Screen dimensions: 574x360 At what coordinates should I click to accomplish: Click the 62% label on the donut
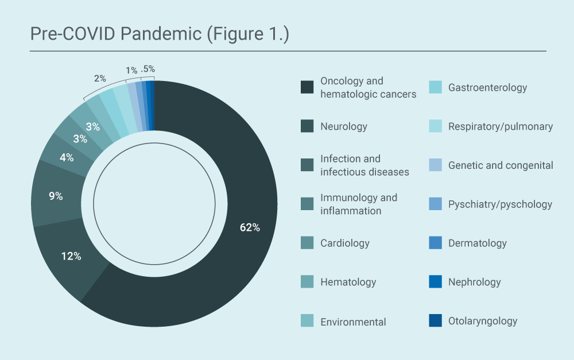point(250,227)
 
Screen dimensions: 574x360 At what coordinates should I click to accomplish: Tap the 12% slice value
point(71,256)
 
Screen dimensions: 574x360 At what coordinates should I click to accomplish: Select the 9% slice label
point(56,196)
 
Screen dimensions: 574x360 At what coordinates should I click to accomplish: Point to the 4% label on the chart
point(67,157)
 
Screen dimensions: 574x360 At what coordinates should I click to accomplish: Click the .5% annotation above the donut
point(148,69)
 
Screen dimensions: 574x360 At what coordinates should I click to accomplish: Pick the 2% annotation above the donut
point(100,78)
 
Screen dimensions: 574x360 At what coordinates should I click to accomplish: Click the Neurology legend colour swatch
point(307,126)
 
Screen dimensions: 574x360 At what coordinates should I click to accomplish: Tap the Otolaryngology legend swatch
point(435,320)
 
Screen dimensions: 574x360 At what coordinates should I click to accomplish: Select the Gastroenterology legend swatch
point(435,87)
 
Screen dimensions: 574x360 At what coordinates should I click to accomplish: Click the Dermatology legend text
point(478,243)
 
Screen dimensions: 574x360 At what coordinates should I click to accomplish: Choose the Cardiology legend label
point(345,243)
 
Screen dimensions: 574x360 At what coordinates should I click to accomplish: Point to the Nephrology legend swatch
point(435,282)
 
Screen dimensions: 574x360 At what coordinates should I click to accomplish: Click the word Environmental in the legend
point(353,322)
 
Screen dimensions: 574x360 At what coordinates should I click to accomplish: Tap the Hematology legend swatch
point(307,282)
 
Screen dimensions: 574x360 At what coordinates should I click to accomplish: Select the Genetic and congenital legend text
point(501,165)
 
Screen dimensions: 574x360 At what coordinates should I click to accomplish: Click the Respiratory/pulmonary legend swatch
point(435,126)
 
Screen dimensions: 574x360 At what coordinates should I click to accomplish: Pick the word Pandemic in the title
point(161,34)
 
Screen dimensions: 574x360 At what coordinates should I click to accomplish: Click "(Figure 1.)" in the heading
point(248,34)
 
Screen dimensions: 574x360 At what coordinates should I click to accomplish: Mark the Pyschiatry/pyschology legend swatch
point(435,204)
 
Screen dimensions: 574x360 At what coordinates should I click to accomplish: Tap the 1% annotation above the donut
point(131,70)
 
